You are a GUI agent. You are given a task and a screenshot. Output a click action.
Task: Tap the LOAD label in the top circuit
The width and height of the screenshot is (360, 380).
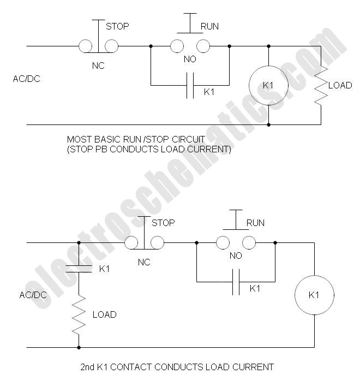point(340,85)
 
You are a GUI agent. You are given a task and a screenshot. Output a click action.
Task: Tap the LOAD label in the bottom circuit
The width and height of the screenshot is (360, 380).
point(105,314)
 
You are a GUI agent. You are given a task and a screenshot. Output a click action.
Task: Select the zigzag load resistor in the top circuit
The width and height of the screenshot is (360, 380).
point(321,85)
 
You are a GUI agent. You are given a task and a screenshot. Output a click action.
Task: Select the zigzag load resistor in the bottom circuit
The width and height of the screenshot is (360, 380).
point(79,314)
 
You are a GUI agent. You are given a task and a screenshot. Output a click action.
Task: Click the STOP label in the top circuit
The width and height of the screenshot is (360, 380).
point(117,26)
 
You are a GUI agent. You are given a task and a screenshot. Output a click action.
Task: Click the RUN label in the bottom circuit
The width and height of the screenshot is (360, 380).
point(255,223)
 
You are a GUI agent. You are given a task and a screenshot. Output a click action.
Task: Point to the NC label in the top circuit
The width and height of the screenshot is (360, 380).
point(98,66)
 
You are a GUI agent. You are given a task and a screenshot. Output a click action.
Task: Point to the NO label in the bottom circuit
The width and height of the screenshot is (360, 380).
point(236,256)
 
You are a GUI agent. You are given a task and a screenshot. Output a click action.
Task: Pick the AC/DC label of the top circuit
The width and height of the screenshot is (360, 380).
point(26,79)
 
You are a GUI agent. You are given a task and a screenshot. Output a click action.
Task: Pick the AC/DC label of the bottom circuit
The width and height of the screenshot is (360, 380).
point(33,295)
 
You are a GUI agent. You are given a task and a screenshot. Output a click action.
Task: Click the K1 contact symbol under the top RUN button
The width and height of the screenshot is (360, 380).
point(190,85)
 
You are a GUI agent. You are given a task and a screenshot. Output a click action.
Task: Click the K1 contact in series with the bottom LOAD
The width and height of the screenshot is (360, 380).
point(79,269)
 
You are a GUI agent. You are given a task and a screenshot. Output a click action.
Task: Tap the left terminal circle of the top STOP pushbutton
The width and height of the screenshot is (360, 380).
point(86,46)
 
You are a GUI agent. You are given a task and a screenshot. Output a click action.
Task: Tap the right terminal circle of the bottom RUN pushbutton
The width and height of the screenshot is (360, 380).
point(249,242)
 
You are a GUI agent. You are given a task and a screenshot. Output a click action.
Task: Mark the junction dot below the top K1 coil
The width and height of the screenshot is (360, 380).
point(268,125)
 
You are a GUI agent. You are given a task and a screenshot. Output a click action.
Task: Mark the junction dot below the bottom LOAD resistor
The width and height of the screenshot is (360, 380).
point(79,348)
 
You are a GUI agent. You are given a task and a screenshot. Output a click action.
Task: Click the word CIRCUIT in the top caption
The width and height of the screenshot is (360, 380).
point(188,139)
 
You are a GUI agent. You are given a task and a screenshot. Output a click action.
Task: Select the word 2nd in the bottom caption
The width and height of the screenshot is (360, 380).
point(87,367)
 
